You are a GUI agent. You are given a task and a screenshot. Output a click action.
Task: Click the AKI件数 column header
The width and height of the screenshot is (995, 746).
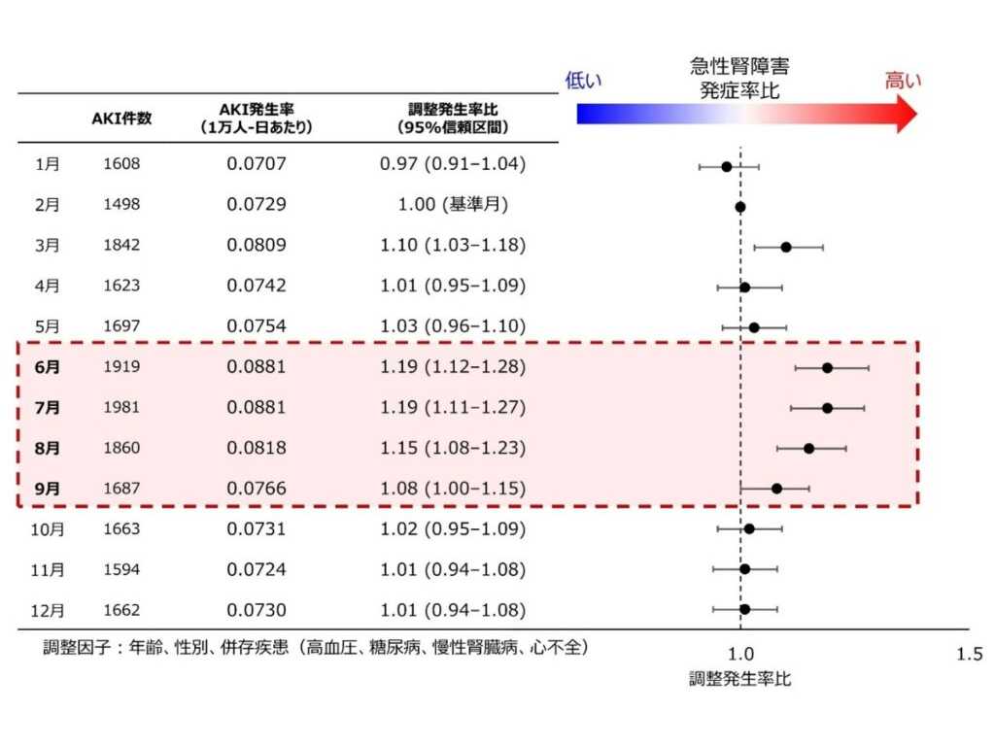pos(121,118)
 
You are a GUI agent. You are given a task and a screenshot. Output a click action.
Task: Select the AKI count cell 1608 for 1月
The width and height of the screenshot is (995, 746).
pos(121,163)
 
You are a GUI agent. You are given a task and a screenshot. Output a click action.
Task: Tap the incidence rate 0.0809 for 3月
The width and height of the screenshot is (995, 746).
pos(257,245)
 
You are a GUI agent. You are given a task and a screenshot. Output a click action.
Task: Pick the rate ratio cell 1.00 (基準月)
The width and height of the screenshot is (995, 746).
pos(453,204)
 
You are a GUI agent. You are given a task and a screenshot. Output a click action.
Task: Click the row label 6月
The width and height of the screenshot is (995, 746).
pos(48,366)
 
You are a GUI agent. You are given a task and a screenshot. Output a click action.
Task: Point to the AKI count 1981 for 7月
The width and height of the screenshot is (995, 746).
pos(121,407)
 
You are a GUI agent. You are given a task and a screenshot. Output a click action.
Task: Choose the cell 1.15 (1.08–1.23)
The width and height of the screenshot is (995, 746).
pos(453,448)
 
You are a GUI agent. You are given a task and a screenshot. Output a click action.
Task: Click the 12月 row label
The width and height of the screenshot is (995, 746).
pos(48,610)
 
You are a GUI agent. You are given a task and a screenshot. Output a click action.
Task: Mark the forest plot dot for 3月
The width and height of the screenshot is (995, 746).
pos(786,247)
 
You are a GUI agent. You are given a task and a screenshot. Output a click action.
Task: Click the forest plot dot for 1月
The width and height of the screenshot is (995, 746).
pos(727,167)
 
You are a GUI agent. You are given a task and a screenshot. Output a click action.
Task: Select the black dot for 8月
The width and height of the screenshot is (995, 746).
pos(809,449)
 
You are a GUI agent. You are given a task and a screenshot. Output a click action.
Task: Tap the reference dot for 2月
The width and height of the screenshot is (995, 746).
pos(739,207)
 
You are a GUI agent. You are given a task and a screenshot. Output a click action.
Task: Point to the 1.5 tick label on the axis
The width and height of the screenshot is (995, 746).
pos(970,654)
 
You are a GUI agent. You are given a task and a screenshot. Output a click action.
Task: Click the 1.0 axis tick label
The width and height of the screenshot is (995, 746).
pos(740,654)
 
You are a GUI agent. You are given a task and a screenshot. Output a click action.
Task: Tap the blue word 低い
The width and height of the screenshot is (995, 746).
pos(583,81)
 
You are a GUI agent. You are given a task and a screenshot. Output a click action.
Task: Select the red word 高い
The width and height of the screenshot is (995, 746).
pos(903,81)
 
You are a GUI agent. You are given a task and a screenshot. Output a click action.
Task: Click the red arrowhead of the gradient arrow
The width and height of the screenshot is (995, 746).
pos(907,115)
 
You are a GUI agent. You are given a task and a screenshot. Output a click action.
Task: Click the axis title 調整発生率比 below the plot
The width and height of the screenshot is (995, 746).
pos(739,679)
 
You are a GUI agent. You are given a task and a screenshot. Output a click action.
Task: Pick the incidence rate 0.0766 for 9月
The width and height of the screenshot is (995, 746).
pos(257,489)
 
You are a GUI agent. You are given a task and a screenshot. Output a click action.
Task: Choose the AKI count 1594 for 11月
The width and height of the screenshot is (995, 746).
pos(121,569)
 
